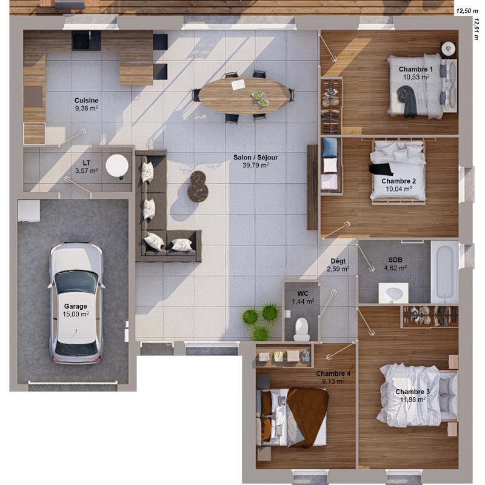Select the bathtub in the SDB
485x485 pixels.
pyautogui.click(x=444, y=271)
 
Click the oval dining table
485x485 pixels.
pyautogui.click(x=244, y=95)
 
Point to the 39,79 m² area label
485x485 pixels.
pyautogui.click(x=256, y=165)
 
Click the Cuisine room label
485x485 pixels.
pyautogui.click(x=87, y=100)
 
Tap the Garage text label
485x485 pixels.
pyautogui.click(x=76, y=306)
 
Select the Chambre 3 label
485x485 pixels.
pyautogui.click(x=410, y=392)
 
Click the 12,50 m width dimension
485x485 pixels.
pyautogui.click(x=466, y=10)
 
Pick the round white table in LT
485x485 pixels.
pyautogui.click(x=117, y=165)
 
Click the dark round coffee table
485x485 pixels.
pyautogui.click(x=198, y=186)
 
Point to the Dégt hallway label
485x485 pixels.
pyautogui.click(x=338, y=261)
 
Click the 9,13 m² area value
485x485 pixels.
pyautogui.click(x=333, y=382)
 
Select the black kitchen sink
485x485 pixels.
pyautogui.click(x=87, y=41)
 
